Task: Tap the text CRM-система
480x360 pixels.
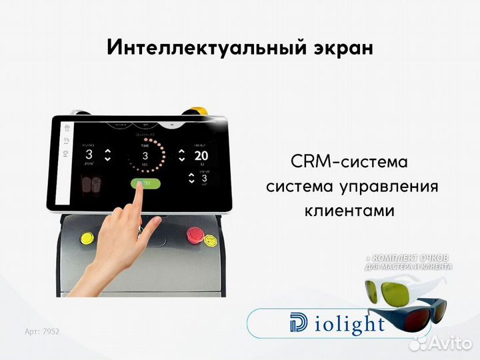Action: coord(349,162)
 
